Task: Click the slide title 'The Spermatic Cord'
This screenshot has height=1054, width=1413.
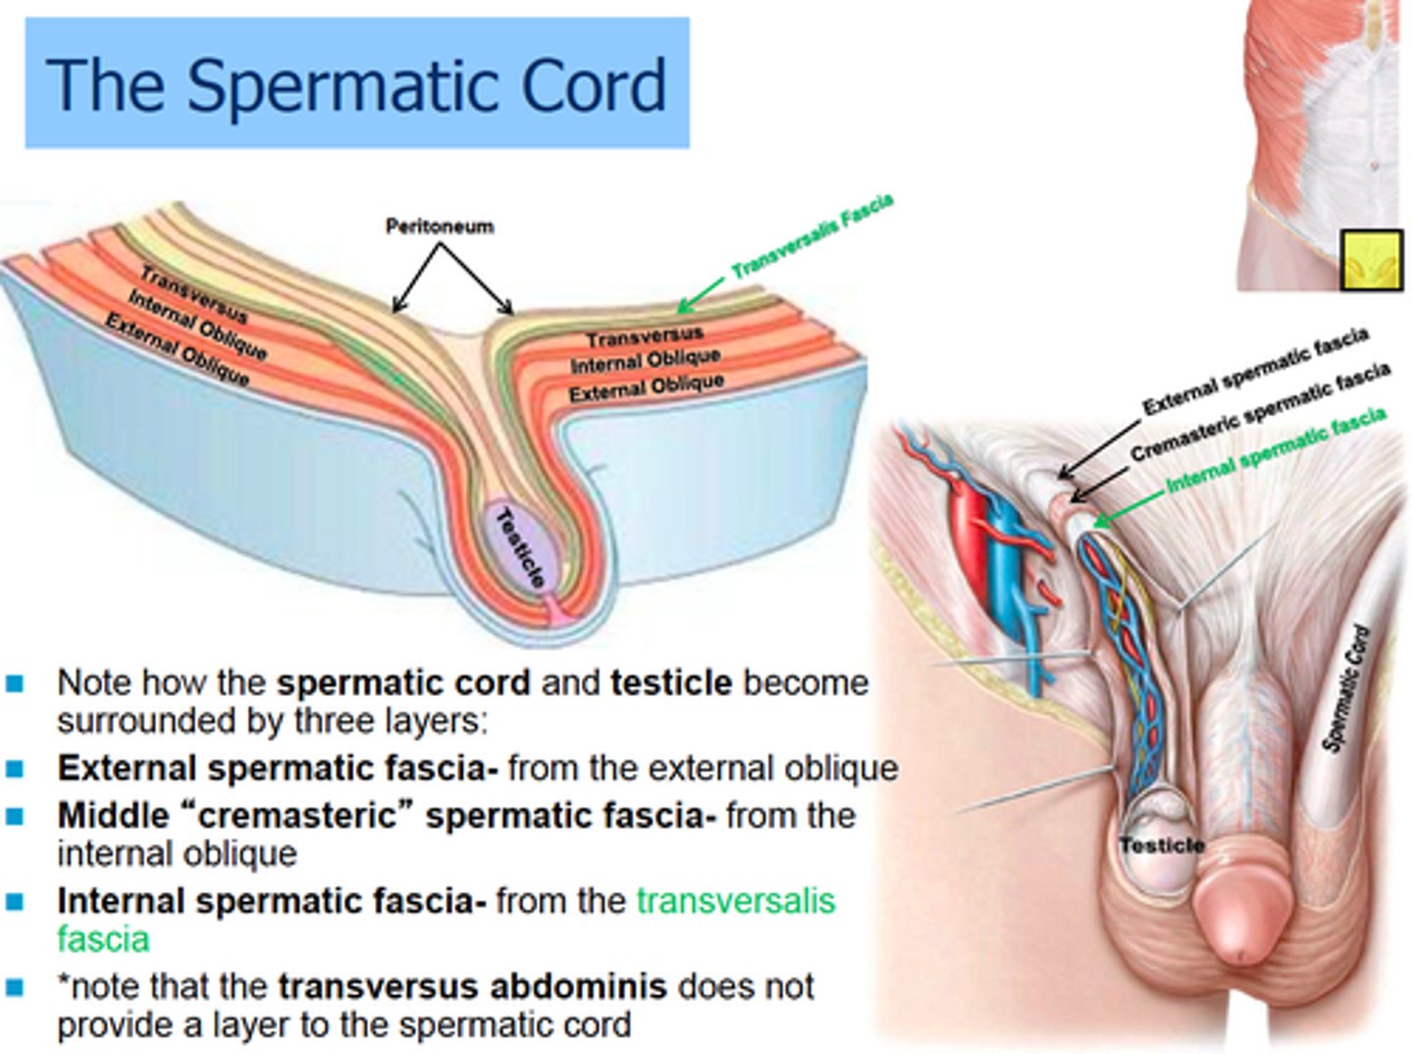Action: tap(356, 85)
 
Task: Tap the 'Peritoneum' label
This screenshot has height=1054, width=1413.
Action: tap(439, 227)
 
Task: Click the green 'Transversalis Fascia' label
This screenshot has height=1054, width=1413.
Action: tap(812, 236)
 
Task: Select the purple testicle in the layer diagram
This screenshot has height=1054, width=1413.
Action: tap(521, 550)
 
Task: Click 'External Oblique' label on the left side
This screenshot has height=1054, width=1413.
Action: tap(178, 349)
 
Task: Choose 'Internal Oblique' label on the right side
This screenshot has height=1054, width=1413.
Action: tap(646, 360)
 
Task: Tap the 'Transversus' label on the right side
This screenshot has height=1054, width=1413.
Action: tap(644, 337)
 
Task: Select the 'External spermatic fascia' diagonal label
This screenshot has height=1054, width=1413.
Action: tap(1255, 371)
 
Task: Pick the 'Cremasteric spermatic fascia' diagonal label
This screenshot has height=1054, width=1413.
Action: tap(1260, 411)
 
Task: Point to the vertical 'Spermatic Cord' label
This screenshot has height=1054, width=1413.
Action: tap(1347, 688)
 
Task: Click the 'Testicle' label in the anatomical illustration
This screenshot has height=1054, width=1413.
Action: tap(1162, 845)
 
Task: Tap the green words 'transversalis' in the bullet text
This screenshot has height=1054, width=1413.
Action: tap(735, 901)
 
